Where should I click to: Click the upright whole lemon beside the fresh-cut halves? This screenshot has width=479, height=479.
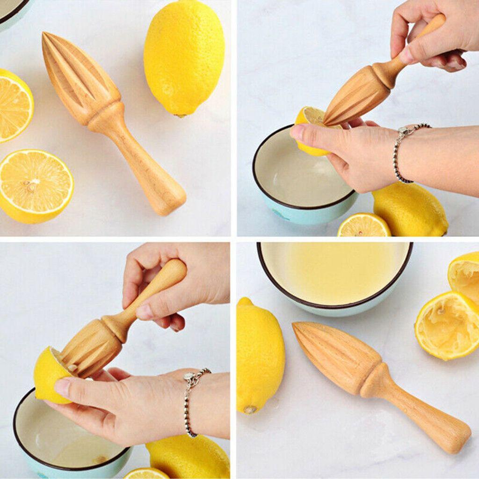(184, 58)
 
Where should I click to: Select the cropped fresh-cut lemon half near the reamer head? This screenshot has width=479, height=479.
(14, 105)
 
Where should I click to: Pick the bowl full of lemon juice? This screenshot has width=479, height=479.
(334, 274)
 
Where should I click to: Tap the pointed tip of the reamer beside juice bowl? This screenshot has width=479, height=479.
(297, 327)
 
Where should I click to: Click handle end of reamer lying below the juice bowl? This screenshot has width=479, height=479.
(454, 437)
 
